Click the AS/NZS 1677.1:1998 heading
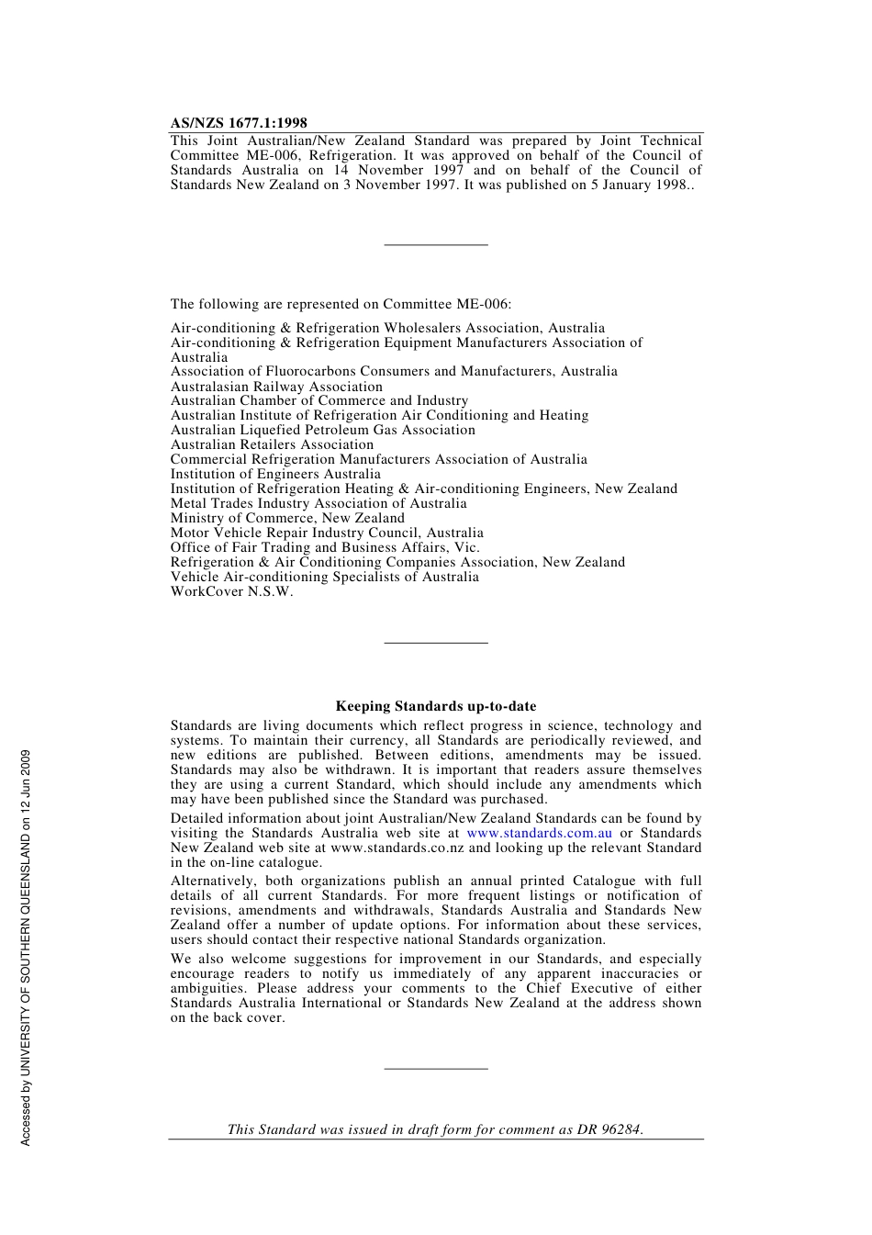click(x=239, y=123)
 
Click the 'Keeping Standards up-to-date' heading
click(x=435, y=706)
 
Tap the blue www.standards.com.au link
click(x=539, y=833)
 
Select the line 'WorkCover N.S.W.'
click(x=231, y=591)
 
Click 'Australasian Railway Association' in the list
click(x=276, y=387)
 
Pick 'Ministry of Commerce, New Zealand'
click(x=287, y=518)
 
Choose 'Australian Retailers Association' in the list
click(x=272, y=444)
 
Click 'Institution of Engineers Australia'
click(x=275, y=474)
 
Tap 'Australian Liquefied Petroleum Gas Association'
click(x=322, y=430)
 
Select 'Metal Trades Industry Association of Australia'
click(x=319, y=503)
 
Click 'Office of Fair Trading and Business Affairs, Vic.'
click(x=325, y=547)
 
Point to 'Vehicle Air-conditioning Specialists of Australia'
click(x=324, y=577)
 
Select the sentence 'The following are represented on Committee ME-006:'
click(x=341, y=304)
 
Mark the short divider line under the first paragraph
click(x=435, y=244)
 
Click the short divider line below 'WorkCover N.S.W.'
click(x=435, y=643)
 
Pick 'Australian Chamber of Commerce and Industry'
click(x=319, y=400)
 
